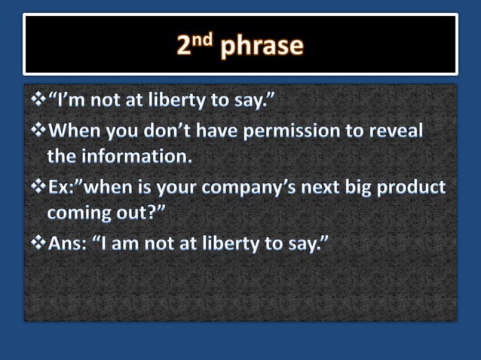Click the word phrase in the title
(x=262, y=47)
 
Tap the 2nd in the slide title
(x=198, y=45)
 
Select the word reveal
(x=397, y=131)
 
